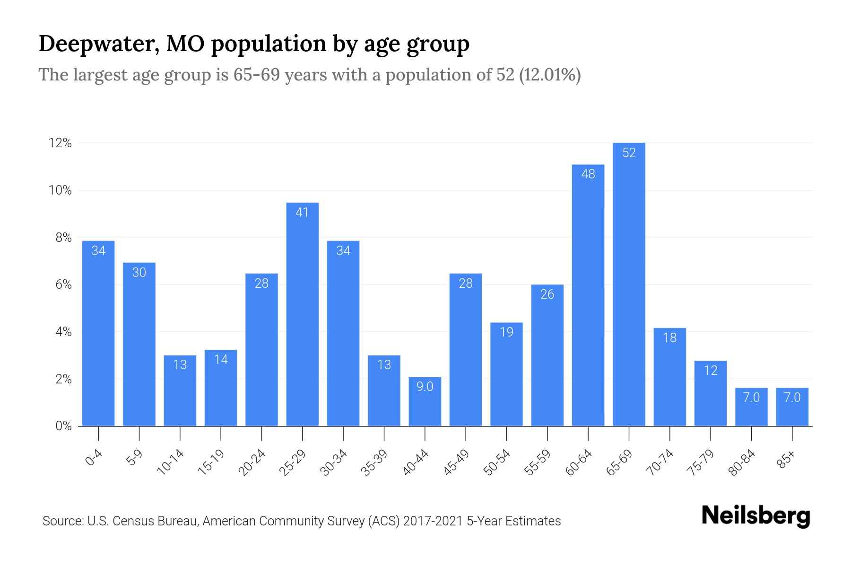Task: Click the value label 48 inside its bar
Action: tap(588, 174)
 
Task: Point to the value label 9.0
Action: tap(425, 387)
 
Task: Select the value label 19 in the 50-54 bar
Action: tap(506, 332)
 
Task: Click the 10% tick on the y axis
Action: tap(60, 190)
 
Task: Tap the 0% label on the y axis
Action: tap(63, 426)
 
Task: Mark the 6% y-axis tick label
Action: tap(63, 284)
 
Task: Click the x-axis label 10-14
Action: tap(171, 462)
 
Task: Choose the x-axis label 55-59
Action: tap(538, 462)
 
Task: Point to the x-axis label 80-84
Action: tap(742, 462)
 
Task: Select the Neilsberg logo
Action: tap(755, 516)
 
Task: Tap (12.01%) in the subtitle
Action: tap(550, 75)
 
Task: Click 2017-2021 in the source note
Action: tap(433, 521)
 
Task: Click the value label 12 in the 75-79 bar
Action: tap(710, 370)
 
